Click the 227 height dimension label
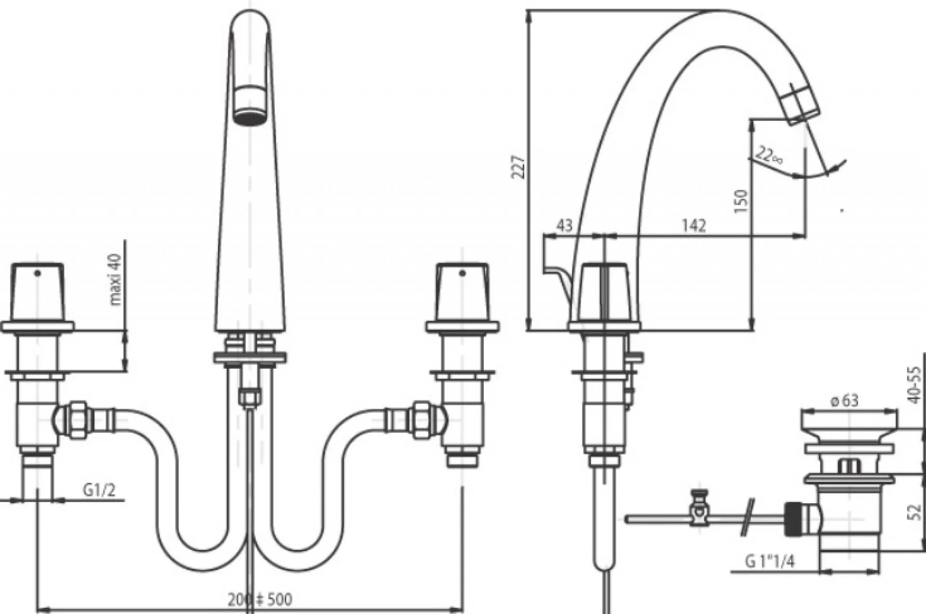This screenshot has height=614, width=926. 518,167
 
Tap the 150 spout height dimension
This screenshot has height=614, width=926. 741,201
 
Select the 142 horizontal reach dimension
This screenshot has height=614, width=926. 694,226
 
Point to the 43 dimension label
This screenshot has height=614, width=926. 565,226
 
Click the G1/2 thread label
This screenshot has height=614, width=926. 99,490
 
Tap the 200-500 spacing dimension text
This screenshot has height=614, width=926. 260,599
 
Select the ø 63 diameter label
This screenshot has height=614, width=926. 844,400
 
